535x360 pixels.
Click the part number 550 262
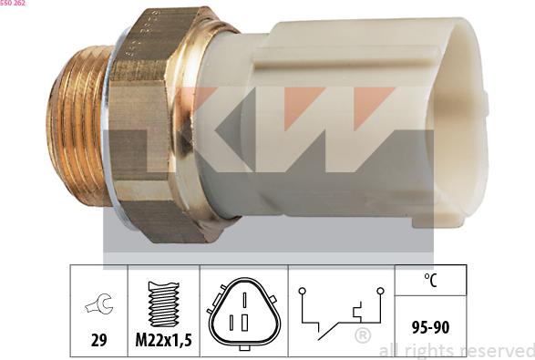point(13,4)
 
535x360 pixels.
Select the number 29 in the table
point(99,340)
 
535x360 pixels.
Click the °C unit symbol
point(430,283)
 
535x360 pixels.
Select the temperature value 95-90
point(430,324)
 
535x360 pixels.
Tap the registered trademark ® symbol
point(362,336)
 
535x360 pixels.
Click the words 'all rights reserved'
point(456,350)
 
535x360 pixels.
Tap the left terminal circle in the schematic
point(301,291)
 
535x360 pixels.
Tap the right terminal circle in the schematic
point(380,291)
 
